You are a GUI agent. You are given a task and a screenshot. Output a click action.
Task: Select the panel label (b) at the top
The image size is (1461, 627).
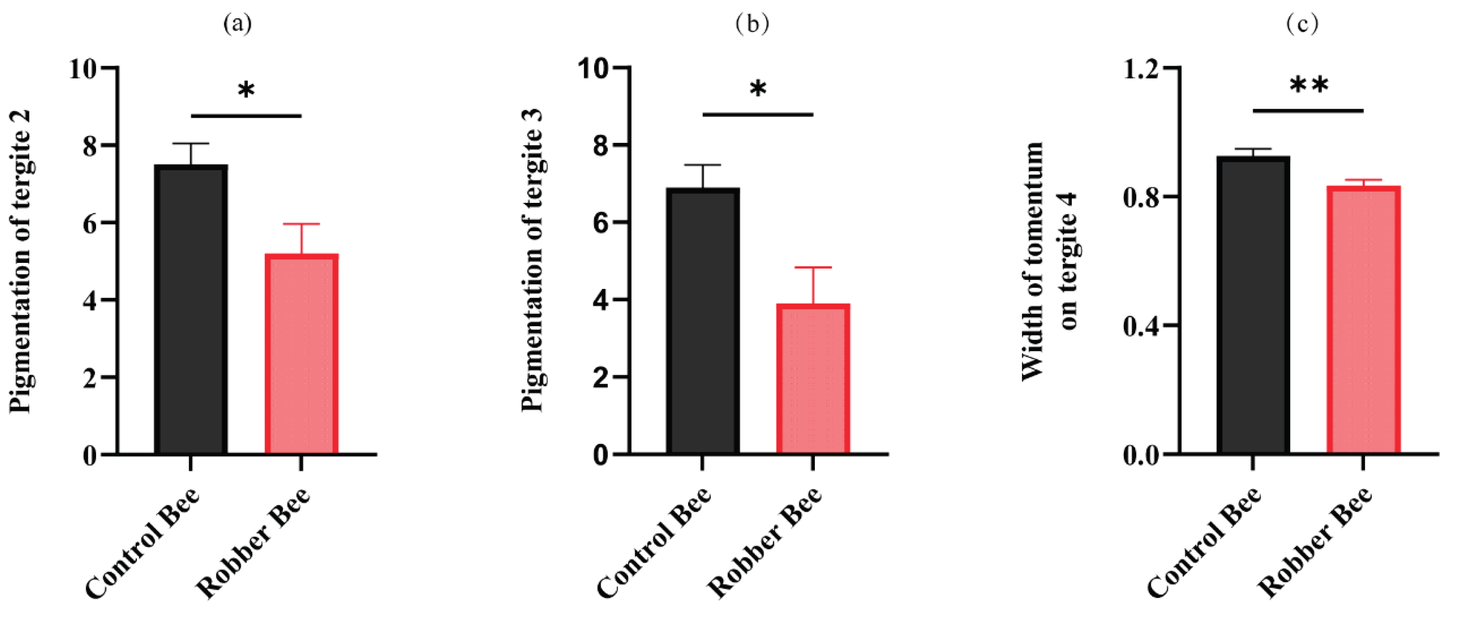point(752,24)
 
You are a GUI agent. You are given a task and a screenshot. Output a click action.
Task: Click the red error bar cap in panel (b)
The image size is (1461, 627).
point(813,268)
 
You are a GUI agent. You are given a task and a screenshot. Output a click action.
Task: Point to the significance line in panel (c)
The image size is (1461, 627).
point(1308,111)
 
